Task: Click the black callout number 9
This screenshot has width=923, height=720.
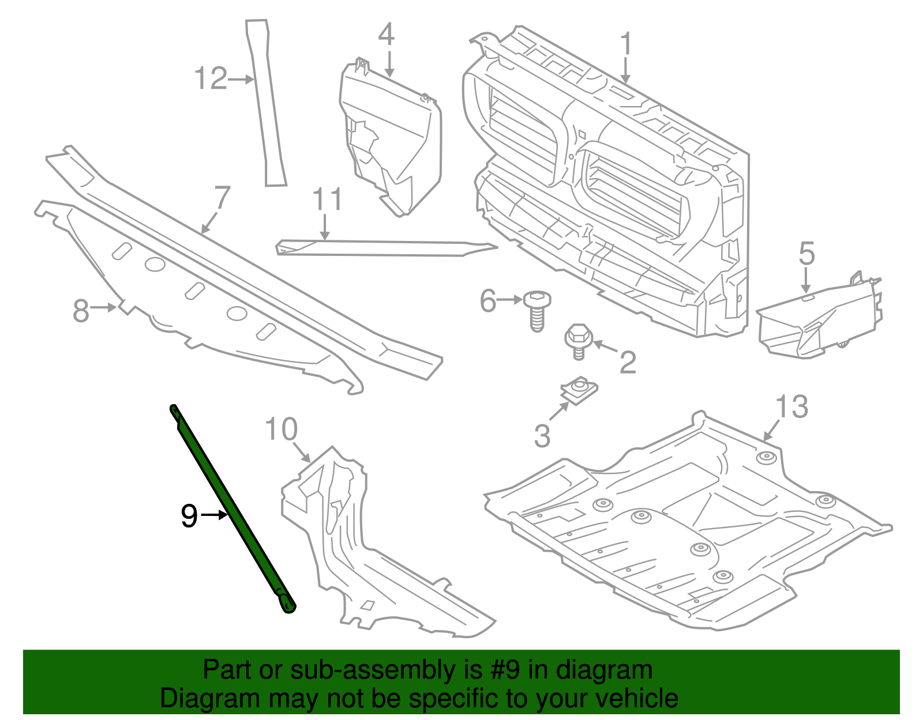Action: coord(189,515)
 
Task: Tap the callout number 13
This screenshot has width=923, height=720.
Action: coord(791,407)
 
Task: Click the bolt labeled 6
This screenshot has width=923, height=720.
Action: coord(536,312)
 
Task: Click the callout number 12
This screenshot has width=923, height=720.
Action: coord(211,78)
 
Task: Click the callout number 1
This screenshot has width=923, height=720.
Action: coord(626,45)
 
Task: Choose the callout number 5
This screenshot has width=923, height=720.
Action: coord(806,254)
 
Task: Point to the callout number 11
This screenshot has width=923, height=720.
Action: coord(327,199)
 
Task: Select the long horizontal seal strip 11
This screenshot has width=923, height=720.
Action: coord(387,248)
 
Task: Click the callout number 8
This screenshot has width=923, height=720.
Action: coord(81,311)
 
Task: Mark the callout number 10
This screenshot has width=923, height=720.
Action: coord(281,430)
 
